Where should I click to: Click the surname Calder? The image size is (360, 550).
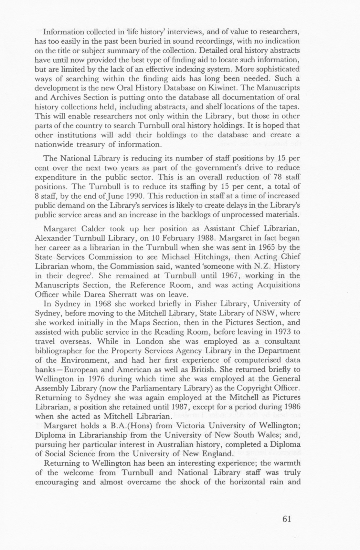coord(95,229)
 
